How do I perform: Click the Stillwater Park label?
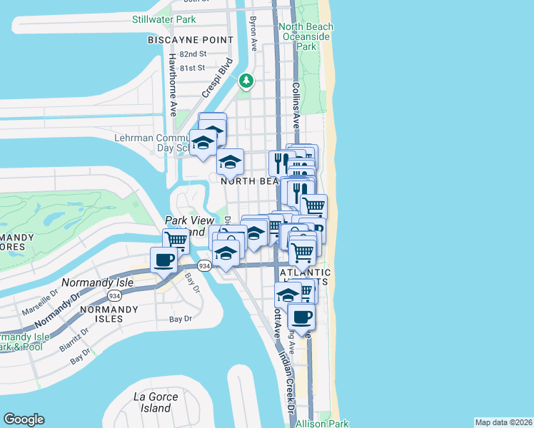click(163, 19)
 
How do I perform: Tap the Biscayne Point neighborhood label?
click(191, 40)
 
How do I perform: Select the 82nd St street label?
click(193, 54)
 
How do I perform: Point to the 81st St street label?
click(193, 68)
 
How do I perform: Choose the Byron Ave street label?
click(253, 34)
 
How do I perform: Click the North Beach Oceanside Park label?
click(306, 36)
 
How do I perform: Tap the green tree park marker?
click(246, 81)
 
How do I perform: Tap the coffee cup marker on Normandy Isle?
click(163, 260)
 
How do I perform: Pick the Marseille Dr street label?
click(44, 293)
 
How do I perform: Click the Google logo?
click(24, 419)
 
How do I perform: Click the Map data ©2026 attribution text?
click(503, 422)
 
